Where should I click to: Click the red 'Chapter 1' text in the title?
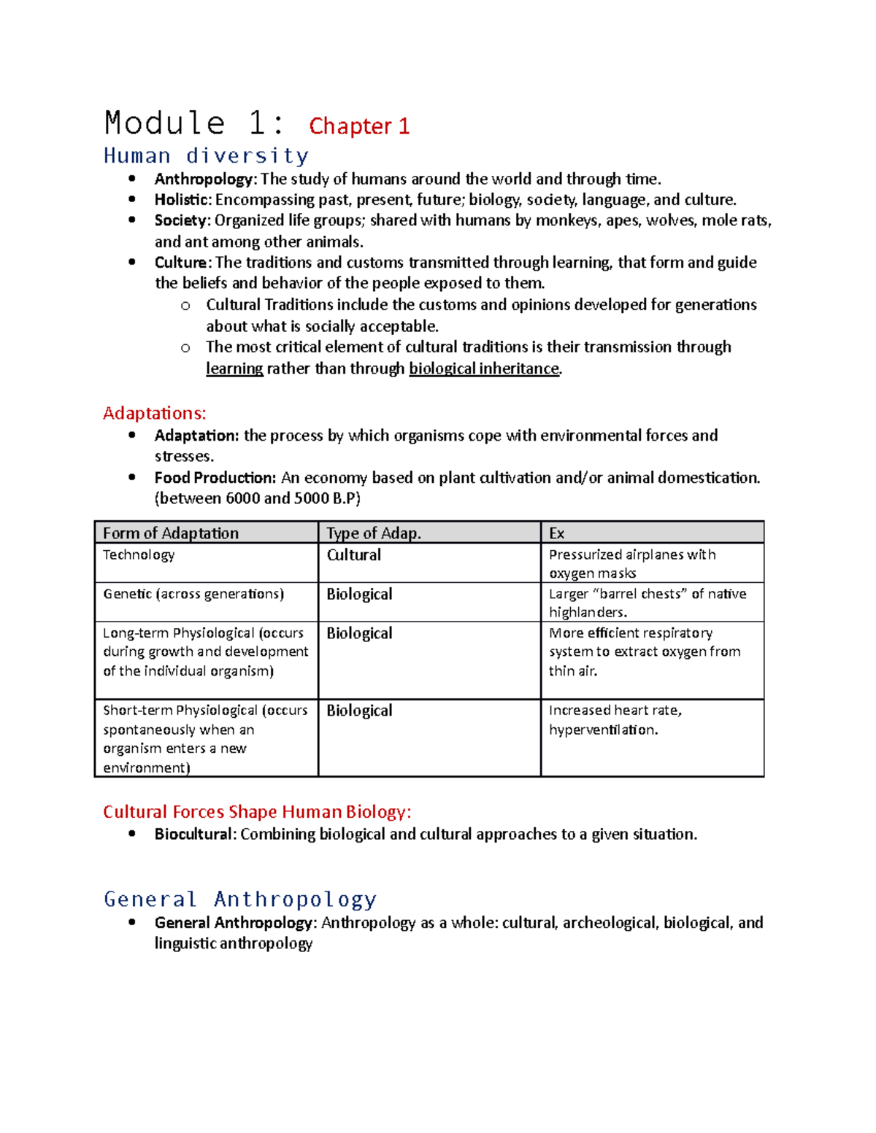358,126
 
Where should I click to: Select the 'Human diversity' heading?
206,155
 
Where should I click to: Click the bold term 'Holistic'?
182,200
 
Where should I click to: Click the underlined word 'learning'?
234,368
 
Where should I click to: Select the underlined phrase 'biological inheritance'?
483,368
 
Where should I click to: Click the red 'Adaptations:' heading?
154,413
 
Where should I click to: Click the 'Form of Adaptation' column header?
171,533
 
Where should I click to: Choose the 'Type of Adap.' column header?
373,533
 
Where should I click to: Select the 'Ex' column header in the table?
556,533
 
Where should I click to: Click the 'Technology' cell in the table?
139,554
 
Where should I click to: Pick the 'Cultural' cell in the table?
353,555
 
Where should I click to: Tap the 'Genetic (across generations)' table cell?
193,594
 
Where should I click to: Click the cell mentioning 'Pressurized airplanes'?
631,563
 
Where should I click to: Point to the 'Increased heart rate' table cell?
615,719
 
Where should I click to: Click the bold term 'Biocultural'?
193,834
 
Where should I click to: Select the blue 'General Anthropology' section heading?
240,899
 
